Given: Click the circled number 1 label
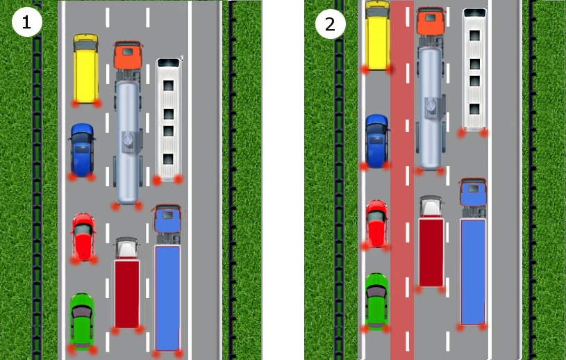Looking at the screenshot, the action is pyautogui.click(x=26, y=22).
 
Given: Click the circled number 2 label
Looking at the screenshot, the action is pyautogui.click(x=331, y=24).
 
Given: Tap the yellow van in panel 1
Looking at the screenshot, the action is pyautogui.click(x=85, y=69).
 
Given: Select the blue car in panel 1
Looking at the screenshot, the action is pyautogui.click(x=83, y=150).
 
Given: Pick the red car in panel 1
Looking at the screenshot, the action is pyautogui.click(x=83, y=237).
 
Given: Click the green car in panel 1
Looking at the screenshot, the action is pyautogui.click(x=82, y=322).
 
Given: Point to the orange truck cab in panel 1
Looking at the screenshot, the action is pyautogui.click(x=128, y=55).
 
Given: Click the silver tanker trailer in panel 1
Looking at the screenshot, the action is pyautogui.click(x=127, y=142).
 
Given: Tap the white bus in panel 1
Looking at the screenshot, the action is pyautogui.click(x=169, y=119).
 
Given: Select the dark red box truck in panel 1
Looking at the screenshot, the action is pyautogui.click(x=127, y=283).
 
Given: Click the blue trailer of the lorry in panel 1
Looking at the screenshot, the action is pyautogui.click(x=167, y=298).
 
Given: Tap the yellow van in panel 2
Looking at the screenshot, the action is pyautogui.click(x=378, y=35).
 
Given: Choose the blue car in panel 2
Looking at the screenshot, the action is pyautogui.click(x=376, y=141).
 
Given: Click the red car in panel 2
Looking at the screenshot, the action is pyautogui.click(x=376, y=224).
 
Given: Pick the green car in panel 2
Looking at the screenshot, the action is pyautogui.click(x=377, y=302).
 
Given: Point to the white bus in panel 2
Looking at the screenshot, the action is pyautogui.click(x=474, y=69).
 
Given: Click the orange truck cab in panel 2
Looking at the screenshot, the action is pyautogui.click(x=431, y=21).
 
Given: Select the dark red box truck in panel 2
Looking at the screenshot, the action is pyautogui.click(x=431, y=242).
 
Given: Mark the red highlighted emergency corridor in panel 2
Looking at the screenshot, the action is pyautogui.click(x=402, y=180).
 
